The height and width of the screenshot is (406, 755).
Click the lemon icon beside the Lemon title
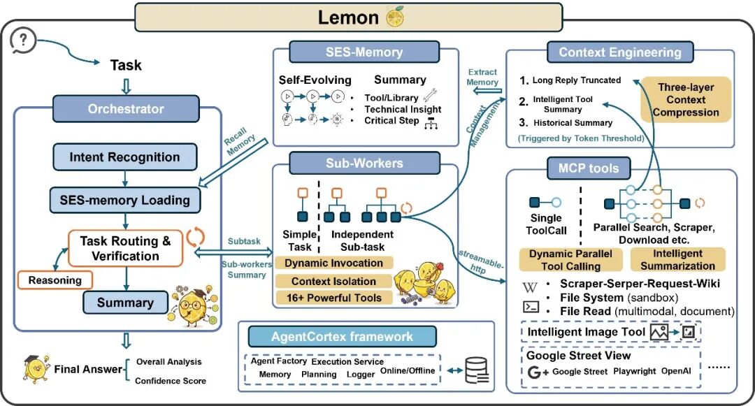(x=395, y=17)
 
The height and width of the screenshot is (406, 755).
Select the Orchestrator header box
(x=126, y=108)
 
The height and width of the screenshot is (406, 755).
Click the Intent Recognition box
(x=124, y=157)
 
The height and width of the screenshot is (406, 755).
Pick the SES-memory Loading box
(x=124, y=200)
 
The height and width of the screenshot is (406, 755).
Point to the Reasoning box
(x=55, y=280)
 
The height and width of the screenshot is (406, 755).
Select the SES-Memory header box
(x=364, y=52)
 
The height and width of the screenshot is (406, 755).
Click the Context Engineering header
(x=619, y=52)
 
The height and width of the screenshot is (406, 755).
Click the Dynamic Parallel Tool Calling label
(x=570, y=260)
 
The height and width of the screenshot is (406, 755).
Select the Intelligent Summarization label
(x=678, y=260)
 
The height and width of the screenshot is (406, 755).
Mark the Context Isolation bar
(x=333, y=281)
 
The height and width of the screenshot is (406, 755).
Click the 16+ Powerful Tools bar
(x=333, y=298)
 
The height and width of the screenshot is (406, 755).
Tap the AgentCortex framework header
(x=343, y=336)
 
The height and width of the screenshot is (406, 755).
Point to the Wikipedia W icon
(x=531, y=287)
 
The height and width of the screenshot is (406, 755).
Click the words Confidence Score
(x=171, y=381)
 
